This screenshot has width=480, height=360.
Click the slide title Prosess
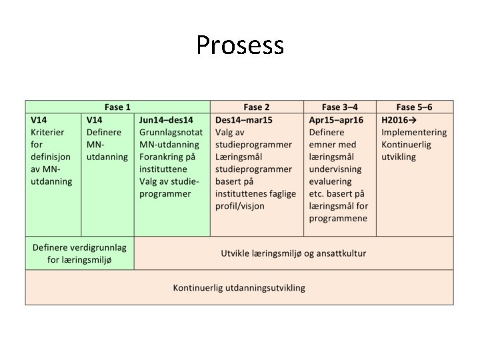240,45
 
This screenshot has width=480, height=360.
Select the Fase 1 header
117,107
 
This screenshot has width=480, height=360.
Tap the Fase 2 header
257,107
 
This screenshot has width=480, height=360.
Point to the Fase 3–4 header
339,107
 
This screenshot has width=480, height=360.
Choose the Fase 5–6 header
414,107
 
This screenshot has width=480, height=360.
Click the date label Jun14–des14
166,120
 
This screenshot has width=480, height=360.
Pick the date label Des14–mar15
244,120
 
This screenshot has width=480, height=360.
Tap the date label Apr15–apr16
336,120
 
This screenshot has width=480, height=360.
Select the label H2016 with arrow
399,120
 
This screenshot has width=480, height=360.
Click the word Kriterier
47,132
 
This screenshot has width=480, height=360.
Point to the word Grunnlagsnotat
171,132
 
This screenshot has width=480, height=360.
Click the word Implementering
414,132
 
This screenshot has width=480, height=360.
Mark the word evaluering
332,181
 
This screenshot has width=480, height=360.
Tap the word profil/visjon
239,206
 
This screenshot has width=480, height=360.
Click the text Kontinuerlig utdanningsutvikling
239,288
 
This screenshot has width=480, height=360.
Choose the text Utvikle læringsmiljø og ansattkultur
293,253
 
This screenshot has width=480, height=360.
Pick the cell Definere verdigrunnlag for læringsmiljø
79,253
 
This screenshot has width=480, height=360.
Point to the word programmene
338,219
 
